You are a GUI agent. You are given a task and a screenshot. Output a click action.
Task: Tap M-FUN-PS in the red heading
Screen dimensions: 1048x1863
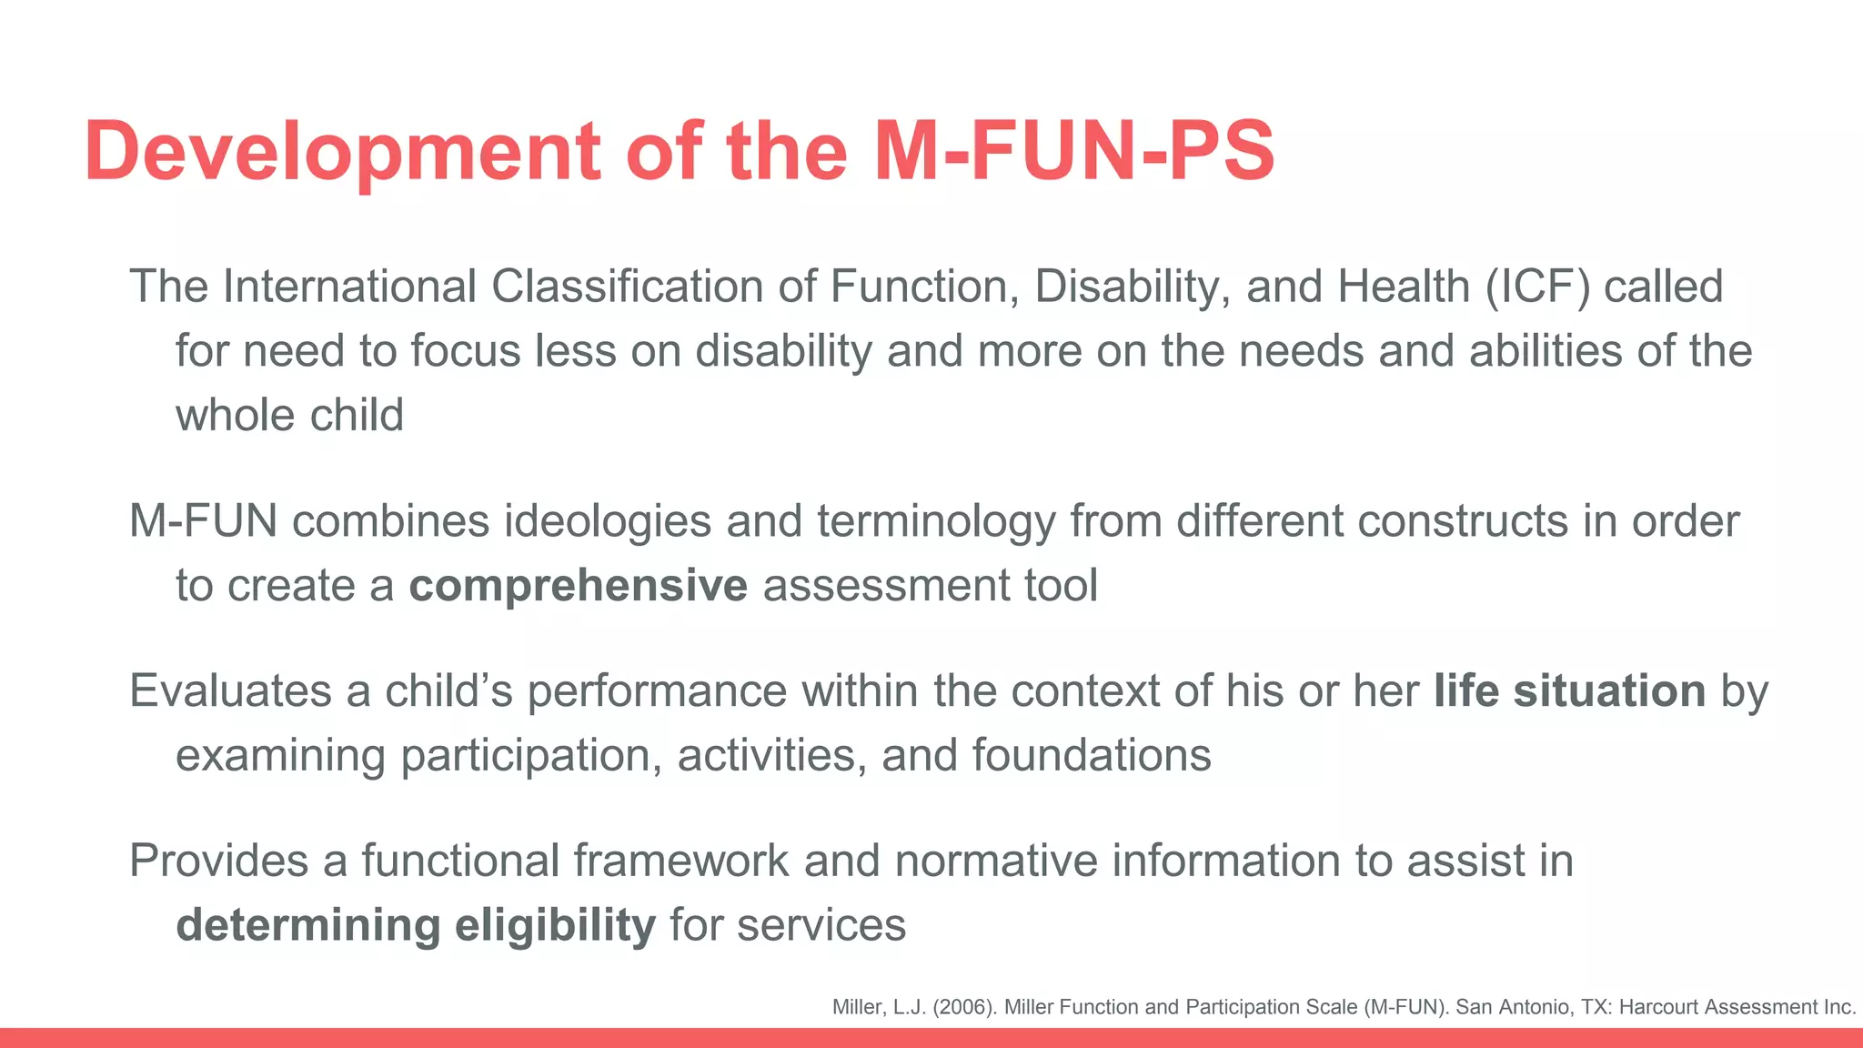(x=1074, y=151)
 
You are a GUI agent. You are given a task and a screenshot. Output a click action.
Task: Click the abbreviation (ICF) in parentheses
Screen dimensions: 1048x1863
(x=1537, y=287)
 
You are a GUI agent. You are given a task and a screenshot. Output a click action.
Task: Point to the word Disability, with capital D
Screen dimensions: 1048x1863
(x=1133, y=287)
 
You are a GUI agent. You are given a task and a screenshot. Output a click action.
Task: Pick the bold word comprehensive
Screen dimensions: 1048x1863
(x=578, y=585)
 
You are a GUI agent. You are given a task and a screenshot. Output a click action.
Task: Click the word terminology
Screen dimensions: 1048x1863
(x=936, y=521)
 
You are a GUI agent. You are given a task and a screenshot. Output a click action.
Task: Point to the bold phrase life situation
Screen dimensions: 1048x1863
(x=1569, y=690)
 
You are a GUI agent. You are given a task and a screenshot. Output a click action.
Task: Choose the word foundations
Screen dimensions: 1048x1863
(x=1091, y=756)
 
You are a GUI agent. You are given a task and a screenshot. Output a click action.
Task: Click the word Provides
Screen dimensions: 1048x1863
(x=218, y=861)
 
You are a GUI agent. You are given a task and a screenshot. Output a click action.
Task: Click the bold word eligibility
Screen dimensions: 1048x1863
(x=555, y=925)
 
